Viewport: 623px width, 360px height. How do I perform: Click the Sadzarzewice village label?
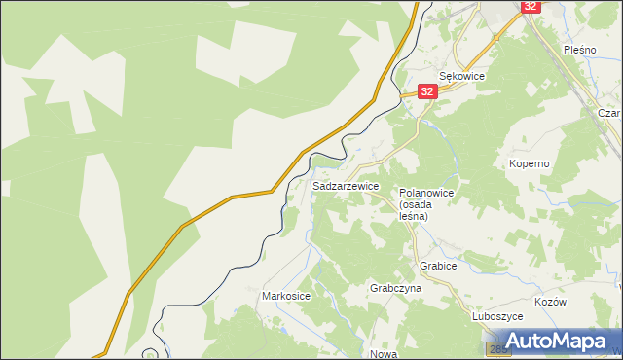click(x=346, y=185)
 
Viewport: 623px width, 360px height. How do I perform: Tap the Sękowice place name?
click(x=461, y=75)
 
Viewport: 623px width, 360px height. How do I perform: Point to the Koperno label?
click(x=530, y=164)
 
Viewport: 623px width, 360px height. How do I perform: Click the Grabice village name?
click(x=438, y=265)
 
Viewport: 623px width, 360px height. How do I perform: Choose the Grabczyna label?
click(x=395, y=289)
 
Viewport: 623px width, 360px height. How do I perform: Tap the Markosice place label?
click(x=286, y=295)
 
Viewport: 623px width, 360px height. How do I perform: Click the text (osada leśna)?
click(x=420, y=211)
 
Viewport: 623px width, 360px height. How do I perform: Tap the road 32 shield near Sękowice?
click(x=428, y=90)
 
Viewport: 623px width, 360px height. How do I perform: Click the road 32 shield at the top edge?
click(x=530, y=6)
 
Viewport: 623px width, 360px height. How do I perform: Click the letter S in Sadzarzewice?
click(x=316, y=185)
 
